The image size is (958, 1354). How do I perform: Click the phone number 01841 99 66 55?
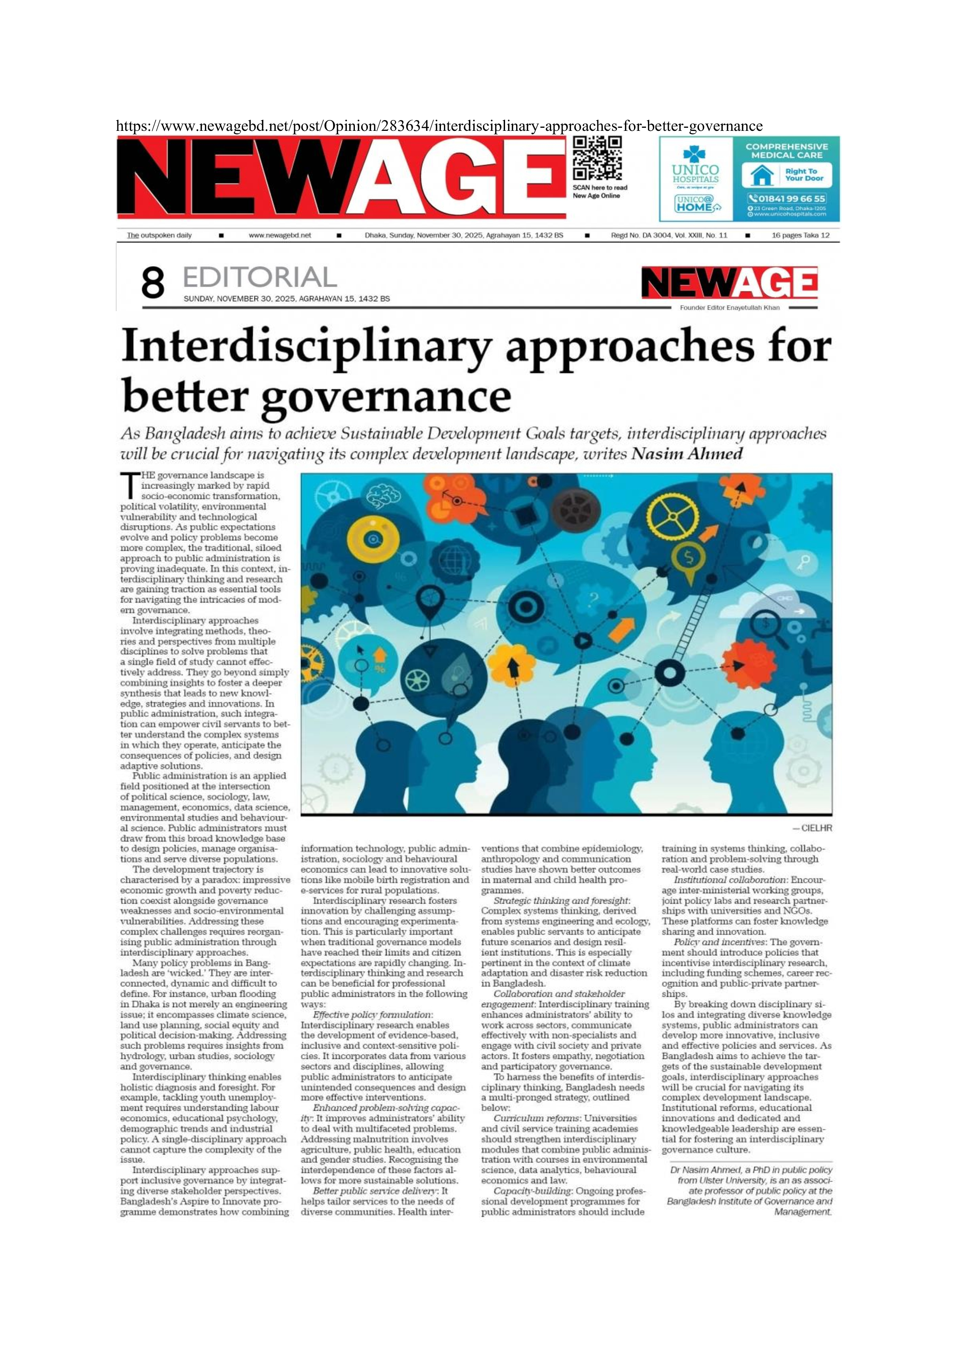pyautogui.click(x=787, y=199)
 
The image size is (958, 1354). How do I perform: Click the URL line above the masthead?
pyautogui.click(x=439, y=125)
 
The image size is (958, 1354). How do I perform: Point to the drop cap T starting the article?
pyautogui.click(x=129, y=485)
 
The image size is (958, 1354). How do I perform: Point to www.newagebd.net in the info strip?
pyautogui.click(x=280, y=235)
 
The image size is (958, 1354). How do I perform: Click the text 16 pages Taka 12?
pyautogui.click(x=800, y=235)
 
